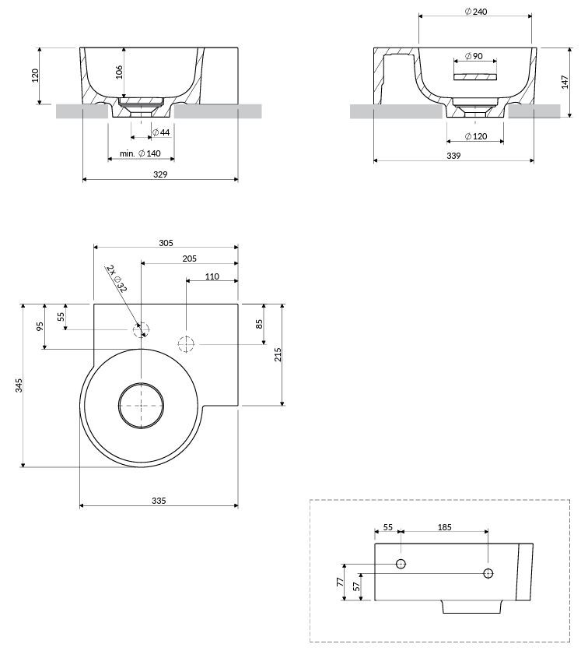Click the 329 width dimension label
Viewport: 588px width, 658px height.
click(160, 174)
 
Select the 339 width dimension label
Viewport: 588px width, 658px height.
click(453, 156)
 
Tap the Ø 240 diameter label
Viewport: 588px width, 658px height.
click(476, 12)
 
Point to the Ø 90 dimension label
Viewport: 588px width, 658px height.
click(474, 56)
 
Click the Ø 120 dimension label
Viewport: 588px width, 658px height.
click(476, 136)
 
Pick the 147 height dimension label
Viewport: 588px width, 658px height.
click(565, 83)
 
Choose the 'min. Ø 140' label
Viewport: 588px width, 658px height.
click(140, 153)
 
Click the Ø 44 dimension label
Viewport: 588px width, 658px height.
click(161, 132)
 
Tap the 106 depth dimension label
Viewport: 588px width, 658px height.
click(119, 72)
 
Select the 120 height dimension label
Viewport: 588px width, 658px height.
click(35, 75)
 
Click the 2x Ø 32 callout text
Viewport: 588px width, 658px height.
click(117, 278)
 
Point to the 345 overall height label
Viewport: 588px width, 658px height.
click(19, 385)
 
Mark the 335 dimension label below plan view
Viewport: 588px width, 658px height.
click(159, 501)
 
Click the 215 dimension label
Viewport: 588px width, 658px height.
click(278, 355)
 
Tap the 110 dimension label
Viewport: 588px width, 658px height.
click(212, 276)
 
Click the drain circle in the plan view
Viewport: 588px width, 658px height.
click(141, 406)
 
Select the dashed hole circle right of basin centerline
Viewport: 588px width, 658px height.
click(186, 344)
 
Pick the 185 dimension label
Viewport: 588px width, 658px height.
click(444, 527)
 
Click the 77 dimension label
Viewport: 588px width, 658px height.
click(340, 582)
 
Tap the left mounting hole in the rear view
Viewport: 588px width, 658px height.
click(401, 564)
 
